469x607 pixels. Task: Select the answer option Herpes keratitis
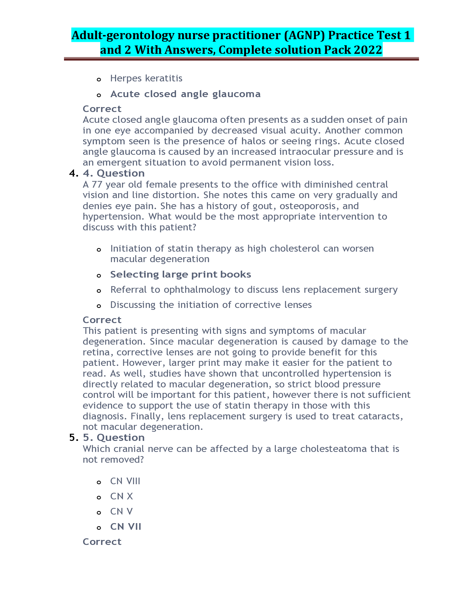[146, 78]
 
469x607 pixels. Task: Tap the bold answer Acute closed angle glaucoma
[185, 94]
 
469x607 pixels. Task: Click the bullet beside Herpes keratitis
[99, 80]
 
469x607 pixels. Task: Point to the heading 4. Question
[114, 174]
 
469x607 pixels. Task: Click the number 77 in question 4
[97, 185]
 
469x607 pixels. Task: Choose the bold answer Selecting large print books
[181, 275]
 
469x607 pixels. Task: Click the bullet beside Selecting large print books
[99, 276]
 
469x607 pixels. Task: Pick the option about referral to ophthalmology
[254, 290]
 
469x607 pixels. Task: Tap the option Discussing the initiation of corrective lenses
[211, 305]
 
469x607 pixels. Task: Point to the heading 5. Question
[114, 438]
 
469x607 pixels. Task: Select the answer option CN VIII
[125, 481]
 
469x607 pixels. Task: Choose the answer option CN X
[121, 496]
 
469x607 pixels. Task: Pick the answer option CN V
[121, 512]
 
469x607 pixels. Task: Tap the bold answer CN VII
[126, 527]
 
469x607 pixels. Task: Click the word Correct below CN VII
[102, 542]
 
